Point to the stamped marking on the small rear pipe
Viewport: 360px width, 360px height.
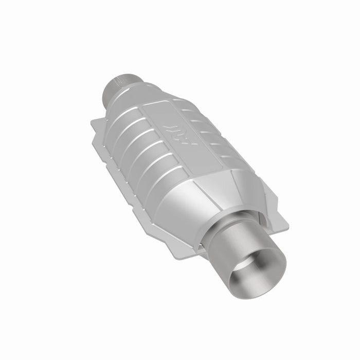tap(119, 81)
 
